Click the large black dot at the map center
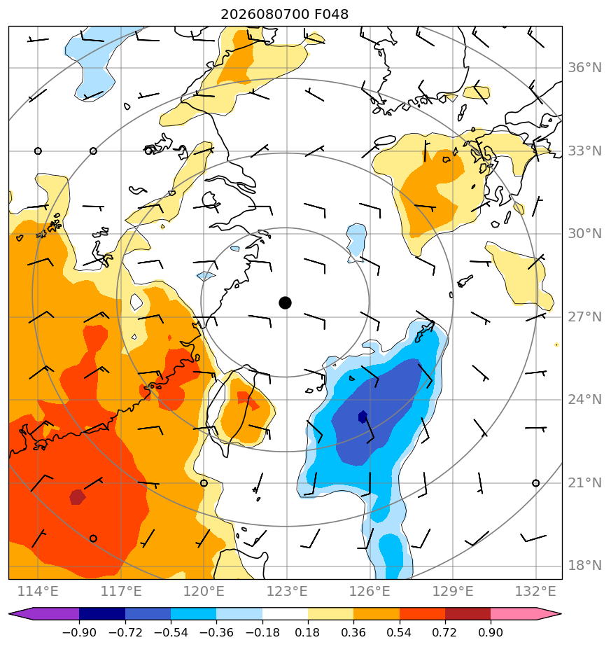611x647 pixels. (285, 302)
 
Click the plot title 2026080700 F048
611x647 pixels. (285, 14)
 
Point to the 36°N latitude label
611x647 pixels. (584, 68)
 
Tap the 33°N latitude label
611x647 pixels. (584, 151)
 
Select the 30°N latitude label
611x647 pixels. (584, 234)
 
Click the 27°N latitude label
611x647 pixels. (584, 317)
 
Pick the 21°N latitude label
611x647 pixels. (584, 482)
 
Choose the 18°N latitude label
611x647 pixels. (584, 565)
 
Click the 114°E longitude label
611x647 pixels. (38, 591)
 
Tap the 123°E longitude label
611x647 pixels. (287, 591)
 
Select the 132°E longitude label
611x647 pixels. (535, 591)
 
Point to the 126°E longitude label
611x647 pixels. (370, 591)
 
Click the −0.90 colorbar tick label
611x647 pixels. (79, 632)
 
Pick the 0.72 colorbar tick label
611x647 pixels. (444, 632)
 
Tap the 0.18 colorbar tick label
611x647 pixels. (307, 632)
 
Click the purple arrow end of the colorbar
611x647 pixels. (20, 613)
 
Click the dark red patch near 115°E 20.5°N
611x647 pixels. (77, 497)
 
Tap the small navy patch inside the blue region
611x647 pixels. (363, 417)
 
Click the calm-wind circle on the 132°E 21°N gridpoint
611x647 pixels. (535, 482)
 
